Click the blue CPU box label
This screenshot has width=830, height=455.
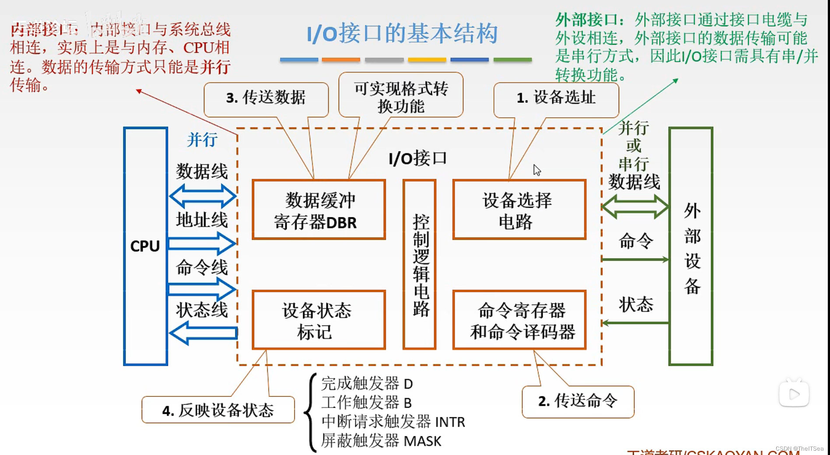point(145,246)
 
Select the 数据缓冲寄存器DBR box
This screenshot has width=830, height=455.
point(319,210)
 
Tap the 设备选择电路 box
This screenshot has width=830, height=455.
point(519,210)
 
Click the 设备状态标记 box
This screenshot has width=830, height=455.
point(319,320)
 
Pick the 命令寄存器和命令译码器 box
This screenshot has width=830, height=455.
point(519,320)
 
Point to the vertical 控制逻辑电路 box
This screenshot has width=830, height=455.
point(420,264)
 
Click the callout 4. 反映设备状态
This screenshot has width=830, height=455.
point(218,410)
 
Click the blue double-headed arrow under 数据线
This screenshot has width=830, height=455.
point(203,196)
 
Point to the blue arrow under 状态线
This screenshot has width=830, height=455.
point(203,333)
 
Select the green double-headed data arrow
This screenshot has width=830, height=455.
point(635,206)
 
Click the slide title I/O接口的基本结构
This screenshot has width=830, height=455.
point(402,34)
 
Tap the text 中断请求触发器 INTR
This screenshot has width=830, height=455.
point(393,422)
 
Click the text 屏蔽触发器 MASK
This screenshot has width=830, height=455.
point(381,441)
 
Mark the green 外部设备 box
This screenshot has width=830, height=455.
point(691,246)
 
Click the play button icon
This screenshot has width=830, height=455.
point(794,394)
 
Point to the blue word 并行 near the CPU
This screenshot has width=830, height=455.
point(202,140)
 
